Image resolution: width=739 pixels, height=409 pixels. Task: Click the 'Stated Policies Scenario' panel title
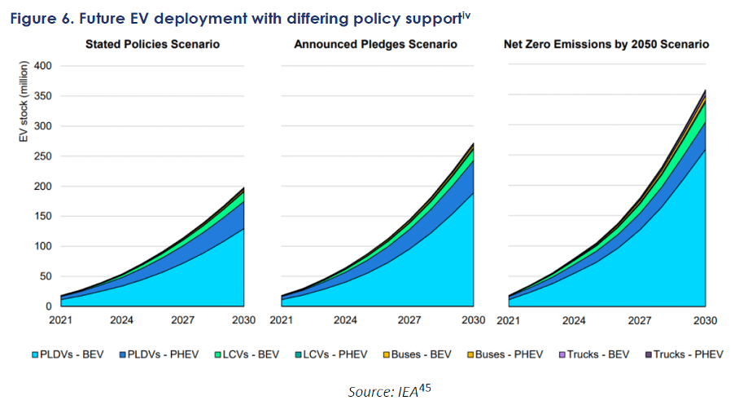152,44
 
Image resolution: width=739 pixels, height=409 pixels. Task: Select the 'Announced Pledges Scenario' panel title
376,44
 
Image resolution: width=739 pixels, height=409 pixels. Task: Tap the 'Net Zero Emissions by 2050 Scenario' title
606,44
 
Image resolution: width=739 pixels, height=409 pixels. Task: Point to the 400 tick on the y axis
42,66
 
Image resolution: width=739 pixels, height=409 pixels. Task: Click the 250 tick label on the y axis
42,156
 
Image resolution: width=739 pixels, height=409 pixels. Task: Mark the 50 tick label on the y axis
45,276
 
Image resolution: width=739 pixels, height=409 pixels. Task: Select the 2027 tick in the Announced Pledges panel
409,320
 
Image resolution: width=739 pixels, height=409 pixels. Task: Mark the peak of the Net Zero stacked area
705,90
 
